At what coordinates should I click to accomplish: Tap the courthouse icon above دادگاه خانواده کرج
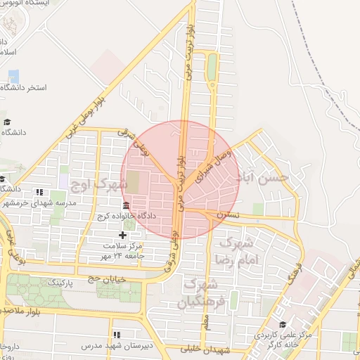pyautogui.click(x=125, y=206)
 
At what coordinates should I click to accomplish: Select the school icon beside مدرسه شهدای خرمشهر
pyautogui.click(x=40, y=192)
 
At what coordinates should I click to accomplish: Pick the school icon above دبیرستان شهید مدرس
pyautogui.click(x=117, y=334)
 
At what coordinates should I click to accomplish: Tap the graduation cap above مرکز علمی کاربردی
pyautogui.click(x=282, y=325)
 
